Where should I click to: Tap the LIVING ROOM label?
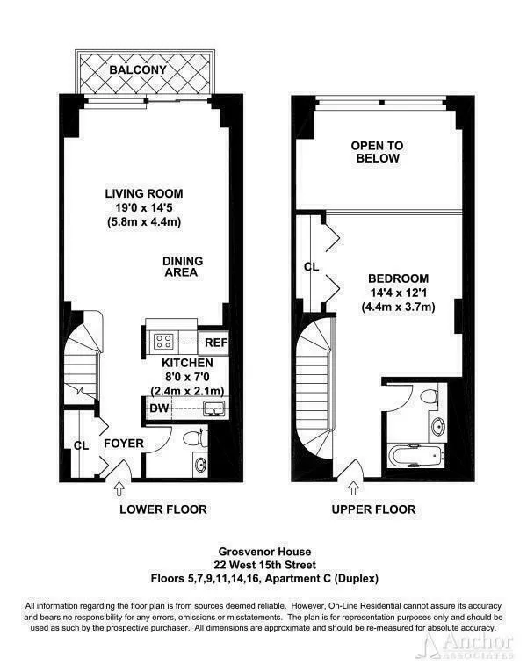pos(144,193)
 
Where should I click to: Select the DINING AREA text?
pos(183,266)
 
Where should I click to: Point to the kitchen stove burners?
pos(163,341)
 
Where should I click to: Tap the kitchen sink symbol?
pos(211,407)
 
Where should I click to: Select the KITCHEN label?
pos(186,362)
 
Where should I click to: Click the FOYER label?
pos(123,444)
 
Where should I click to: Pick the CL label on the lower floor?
pos(82,445)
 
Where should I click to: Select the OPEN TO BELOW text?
pos(375,152)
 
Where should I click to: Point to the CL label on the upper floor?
pos(311,266)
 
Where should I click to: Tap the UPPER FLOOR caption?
pos(374,509)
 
